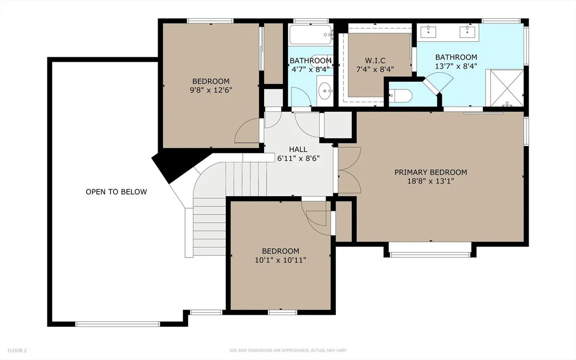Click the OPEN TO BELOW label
[116, 191]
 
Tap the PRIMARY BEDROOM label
[430, 172]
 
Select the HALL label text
[298, 149]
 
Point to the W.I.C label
[375, 60]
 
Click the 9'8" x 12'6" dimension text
[211, 90]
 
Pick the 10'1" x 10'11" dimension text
[280, 260]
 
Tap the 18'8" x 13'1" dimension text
[430, 181]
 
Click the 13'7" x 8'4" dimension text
[456, 66]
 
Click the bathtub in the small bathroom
[311, 34]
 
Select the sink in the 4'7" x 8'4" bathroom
[325, 91]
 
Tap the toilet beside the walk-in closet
[400, 96]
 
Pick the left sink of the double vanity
[428, 32]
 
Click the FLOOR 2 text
[17, 351]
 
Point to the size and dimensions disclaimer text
[287, 351]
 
